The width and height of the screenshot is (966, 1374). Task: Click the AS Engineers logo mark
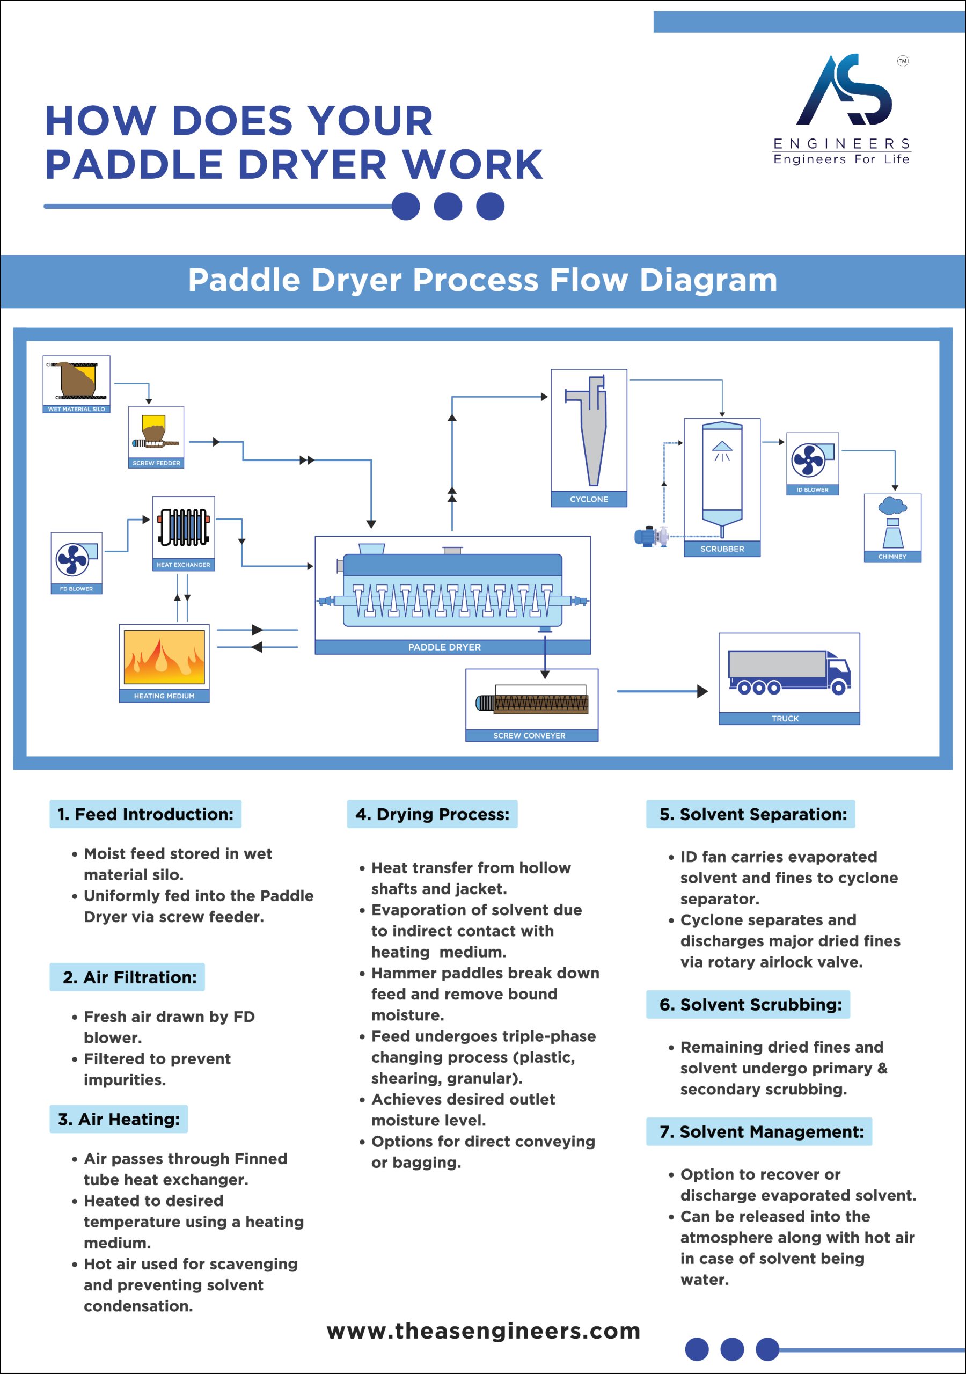[x=845, y=90]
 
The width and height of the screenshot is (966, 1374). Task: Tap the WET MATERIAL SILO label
[x=76, y=410]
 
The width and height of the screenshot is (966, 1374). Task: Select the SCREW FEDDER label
[x=156, y=463]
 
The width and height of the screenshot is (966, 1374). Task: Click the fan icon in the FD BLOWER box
[x=72, y=560]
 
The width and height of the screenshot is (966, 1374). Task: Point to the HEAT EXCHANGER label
[x=183, y=564]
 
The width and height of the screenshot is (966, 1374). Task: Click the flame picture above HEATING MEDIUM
[x=164, y=657]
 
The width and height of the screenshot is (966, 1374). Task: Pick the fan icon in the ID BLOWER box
[x=809, y=459]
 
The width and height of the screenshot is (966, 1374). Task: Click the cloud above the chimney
[x=892, y=506]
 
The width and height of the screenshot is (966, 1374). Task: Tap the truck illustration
[x=789, y=672]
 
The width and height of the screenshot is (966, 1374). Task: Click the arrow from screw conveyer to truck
[x=661, y=691]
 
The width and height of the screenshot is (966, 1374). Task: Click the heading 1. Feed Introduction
[x=145, y=814]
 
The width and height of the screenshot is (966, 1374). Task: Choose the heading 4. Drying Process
[x=432, y=814]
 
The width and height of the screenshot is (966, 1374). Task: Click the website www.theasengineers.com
[x=484, y=1331]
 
